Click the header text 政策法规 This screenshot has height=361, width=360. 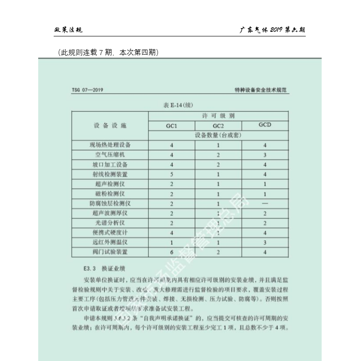coord(68,30)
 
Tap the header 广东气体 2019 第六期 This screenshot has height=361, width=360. coord(272,30)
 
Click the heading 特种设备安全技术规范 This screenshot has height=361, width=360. coord(264,90)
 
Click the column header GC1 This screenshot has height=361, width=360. coord(172,125)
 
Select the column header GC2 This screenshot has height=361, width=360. coord(218,126)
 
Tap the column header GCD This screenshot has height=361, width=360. coord(264,125)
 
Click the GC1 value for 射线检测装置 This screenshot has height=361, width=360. coord(172,174)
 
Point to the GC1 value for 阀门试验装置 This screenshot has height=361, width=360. coord(172,251)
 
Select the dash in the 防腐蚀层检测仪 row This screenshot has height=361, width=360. coord(264,203)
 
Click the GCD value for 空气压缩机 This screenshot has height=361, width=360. coord(264,155)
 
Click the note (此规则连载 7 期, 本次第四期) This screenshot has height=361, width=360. coord(108,53)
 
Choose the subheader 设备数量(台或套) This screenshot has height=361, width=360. coord(218,135)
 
